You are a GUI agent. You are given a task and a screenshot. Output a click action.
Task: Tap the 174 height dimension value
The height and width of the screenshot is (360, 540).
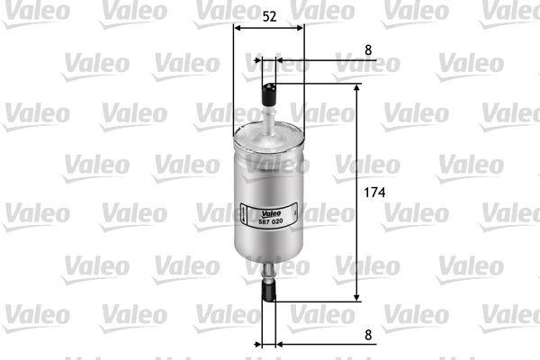[x=375, y=193]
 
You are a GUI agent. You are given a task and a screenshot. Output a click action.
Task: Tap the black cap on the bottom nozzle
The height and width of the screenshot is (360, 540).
[x=268, y=290]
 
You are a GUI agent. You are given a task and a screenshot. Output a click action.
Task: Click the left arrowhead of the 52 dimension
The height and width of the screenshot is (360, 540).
[x=238, y=28]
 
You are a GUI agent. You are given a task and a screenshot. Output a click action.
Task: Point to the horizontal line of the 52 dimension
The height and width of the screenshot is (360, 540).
[x=268, y=28]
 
